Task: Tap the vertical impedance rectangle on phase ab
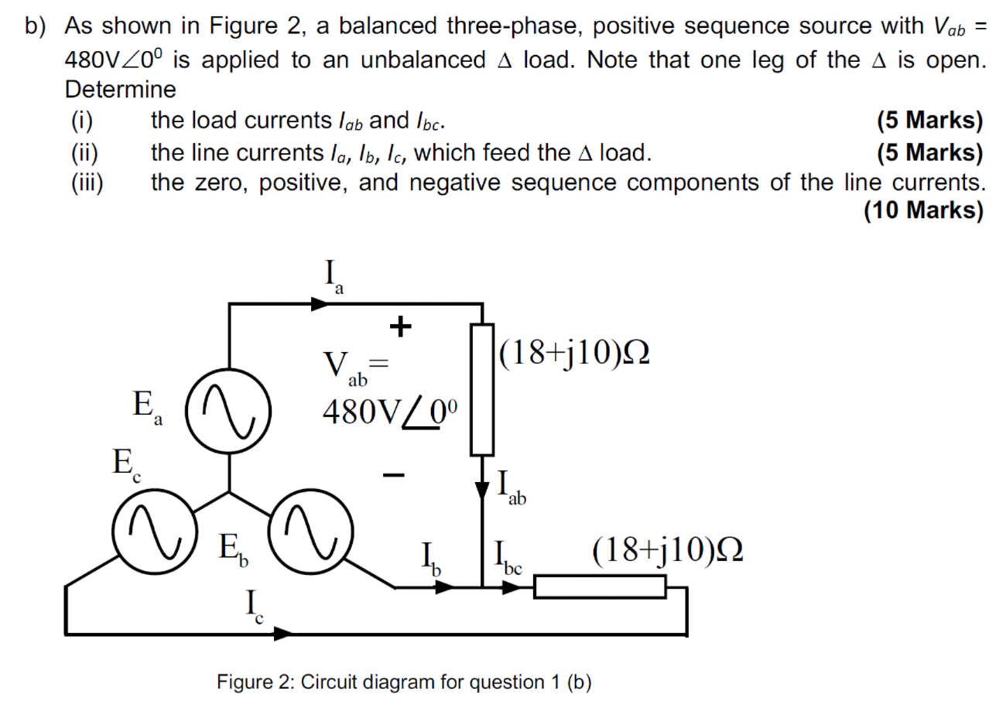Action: pos(483,389)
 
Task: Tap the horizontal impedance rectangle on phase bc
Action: pos(600,587)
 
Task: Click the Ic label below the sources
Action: pos(254,607)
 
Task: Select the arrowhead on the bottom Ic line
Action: pos(283,634)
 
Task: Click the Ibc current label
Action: pos(505,559)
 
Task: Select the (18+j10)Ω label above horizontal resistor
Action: pos(668,550)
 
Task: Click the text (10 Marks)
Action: pos(923,210)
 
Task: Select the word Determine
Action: pos(120,90)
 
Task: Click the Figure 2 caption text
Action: pos(404,682)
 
